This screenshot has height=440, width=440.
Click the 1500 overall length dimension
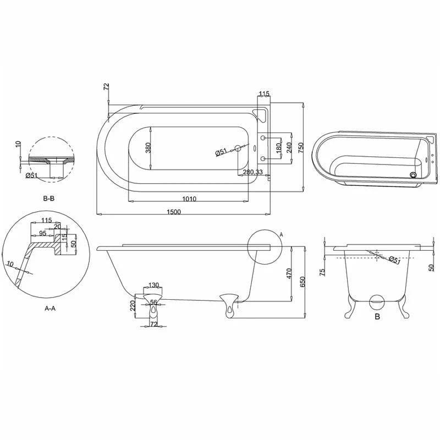coord(174,212)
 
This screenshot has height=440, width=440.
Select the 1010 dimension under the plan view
coord(189,199)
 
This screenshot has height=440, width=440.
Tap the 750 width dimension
coord(301,147)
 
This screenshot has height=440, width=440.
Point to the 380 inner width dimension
coord(148,148)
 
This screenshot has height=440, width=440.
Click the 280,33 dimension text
coord(252,172)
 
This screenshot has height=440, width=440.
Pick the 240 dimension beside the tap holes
coord(289,147)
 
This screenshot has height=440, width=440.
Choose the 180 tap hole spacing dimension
coord(278,147)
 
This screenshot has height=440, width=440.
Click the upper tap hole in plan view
coord(263,137)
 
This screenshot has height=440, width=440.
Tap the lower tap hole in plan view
coord(263,159)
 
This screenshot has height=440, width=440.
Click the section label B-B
coord(48,199)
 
